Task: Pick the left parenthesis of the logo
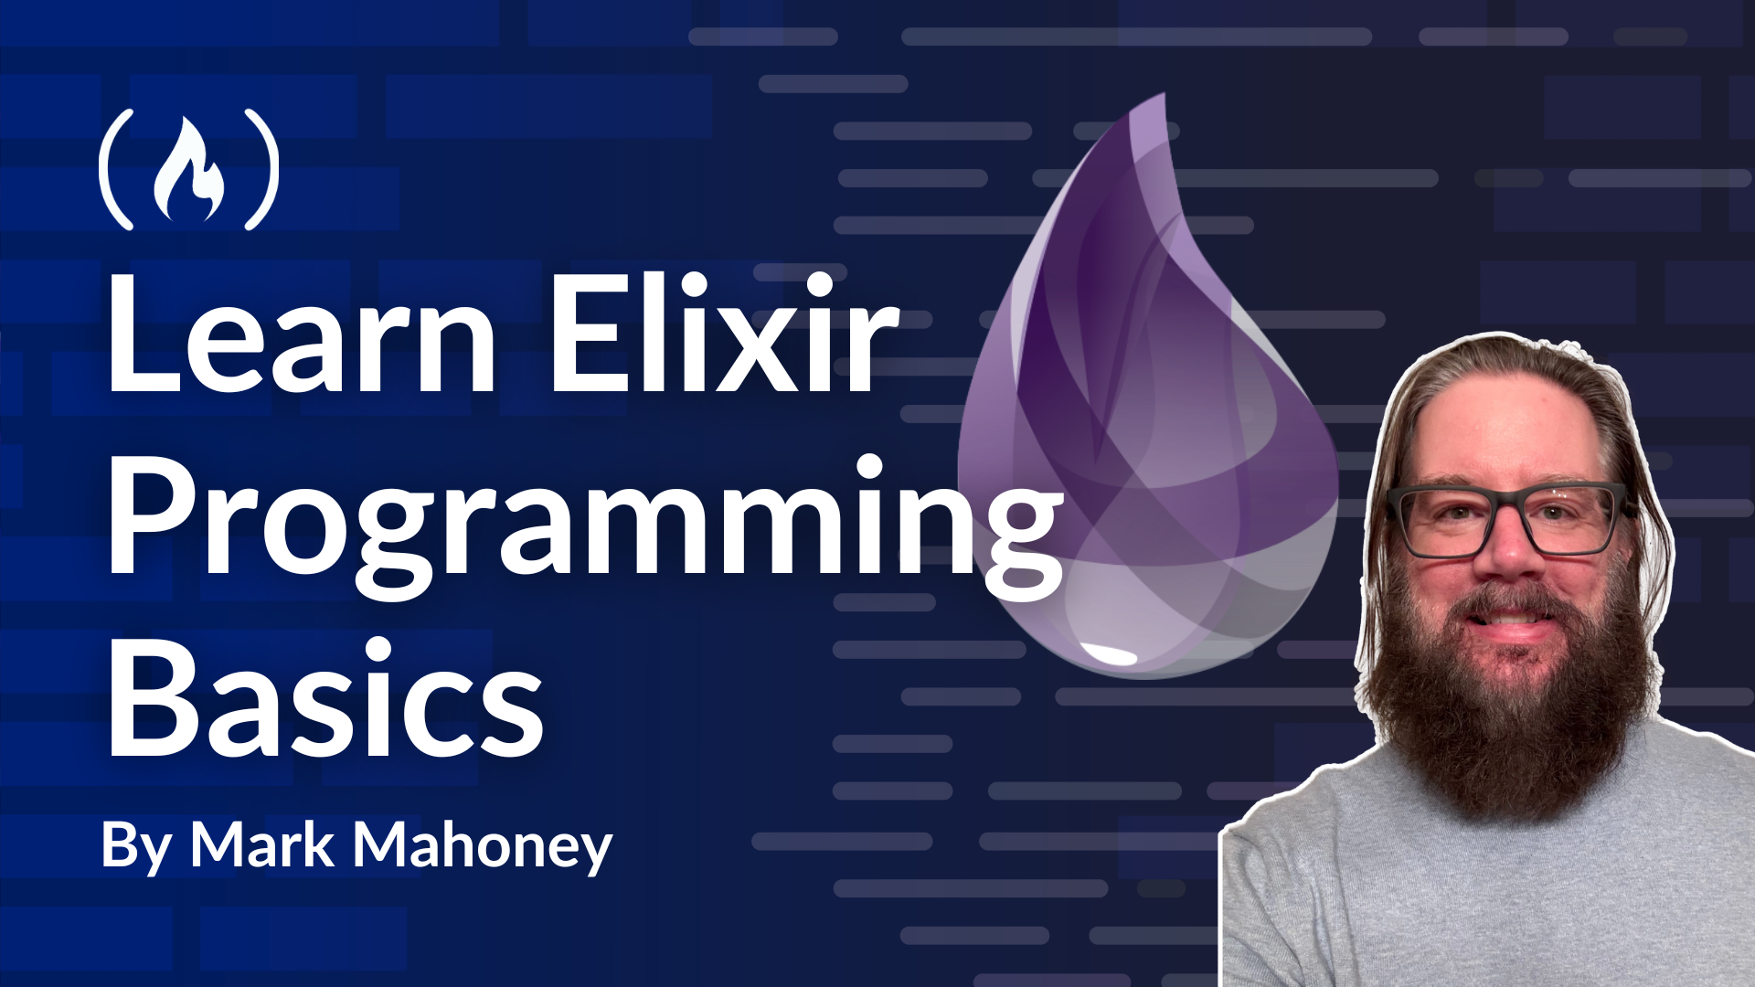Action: [x=115, y=171]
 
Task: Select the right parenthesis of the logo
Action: [x=261, y=171]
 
